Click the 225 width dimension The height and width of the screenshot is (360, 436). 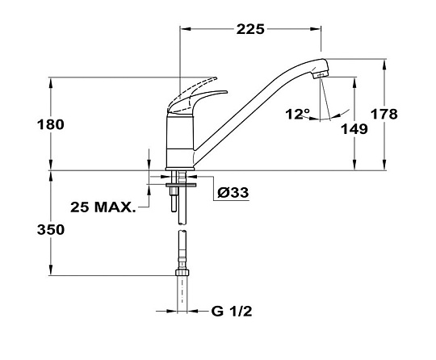click(250, 29)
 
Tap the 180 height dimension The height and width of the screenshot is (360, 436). click(51, 124)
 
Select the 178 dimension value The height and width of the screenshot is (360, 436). click(384, 114)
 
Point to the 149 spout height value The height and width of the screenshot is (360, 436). click(354, 129)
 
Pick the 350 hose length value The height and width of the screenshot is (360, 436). click(51, 230)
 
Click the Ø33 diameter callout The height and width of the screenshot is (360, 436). click(233, 192)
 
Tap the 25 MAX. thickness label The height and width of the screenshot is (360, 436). click(103, 207)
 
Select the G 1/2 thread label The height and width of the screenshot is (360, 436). click(232, 312)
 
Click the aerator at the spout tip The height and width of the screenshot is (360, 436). click(321, 74)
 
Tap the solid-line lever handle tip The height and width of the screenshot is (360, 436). click(226, 92)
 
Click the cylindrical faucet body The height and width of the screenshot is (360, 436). click(180, 142)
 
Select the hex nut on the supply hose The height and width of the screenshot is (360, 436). click(182, 272)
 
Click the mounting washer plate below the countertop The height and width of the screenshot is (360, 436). click(181, 185)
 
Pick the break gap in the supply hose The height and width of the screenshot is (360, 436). click(182, 228)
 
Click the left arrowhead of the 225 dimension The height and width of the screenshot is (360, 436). click(186, 28)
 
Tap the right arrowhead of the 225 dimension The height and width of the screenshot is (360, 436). click(316, 28)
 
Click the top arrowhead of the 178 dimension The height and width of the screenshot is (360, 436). click(384, 65)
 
